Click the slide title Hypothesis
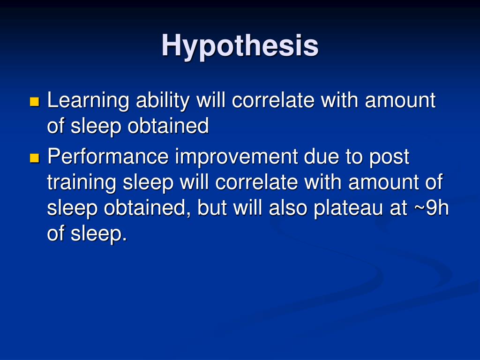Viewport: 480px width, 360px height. (x=240, y=46)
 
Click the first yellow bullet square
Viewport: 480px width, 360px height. (x=34, y=101)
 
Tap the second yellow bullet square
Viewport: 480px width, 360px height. (x=34, y=158)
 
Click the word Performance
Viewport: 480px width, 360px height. (x=107, y=157)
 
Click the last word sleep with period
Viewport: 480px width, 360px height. (x=99, y=234)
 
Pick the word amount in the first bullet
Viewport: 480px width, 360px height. (x=400, y=100)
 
